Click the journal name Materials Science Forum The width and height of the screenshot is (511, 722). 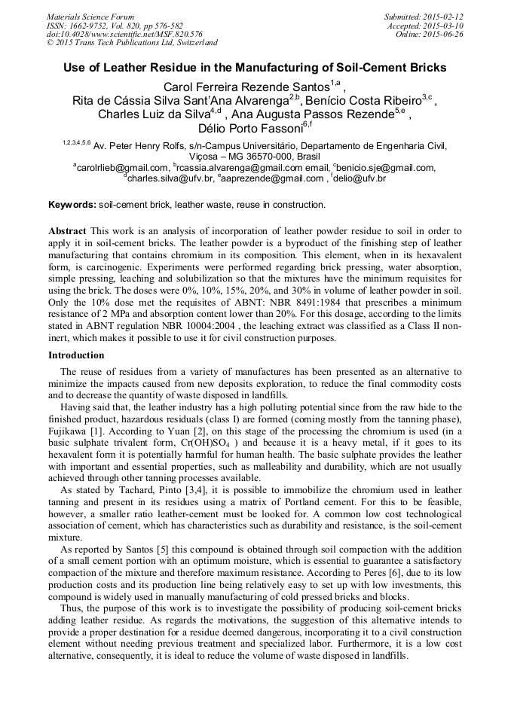click(x=90, y=17)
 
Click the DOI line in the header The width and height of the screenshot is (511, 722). click(x=124, y=34)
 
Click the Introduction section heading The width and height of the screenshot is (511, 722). click(x=77, y=355)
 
